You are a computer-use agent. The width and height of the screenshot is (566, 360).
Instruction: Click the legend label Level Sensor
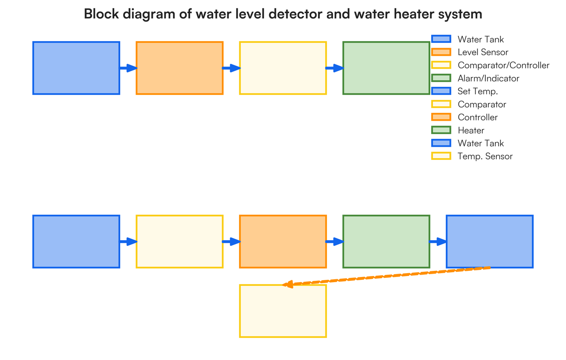483,52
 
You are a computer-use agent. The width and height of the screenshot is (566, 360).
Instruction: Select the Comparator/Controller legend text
503,66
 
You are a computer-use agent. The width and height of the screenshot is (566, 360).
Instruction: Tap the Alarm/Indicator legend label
488,78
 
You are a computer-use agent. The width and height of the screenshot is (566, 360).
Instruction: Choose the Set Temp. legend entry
477,92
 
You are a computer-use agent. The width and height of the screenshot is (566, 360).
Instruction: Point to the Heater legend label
471,130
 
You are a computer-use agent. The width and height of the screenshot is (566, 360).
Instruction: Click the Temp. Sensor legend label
485,156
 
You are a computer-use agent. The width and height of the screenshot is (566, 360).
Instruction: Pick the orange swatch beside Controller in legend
441,117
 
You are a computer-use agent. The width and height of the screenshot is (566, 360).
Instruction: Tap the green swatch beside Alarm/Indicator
441,78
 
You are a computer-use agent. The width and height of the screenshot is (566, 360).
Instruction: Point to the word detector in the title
294,14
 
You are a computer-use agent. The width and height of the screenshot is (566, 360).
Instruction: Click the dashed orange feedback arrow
387,276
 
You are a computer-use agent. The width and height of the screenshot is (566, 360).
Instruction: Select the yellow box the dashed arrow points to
283,311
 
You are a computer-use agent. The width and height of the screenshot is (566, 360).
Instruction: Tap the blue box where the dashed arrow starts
490,242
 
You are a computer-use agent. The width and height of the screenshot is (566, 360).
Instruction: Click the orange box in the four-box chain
180,68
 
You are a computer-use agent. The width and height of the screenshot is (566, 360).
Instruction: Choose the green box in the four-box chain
386,68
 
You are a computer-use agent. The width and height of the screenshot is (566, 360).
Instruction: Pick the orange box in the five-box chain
283,242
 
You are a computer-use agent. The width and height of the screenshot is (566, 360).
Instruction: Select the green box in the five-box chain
386,242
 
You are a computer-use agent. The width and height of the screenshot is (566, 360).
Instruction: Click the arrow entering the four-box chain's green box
334,68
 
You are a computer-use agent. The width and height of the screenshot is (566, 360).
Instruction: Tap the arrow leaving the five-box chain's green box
438,242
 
